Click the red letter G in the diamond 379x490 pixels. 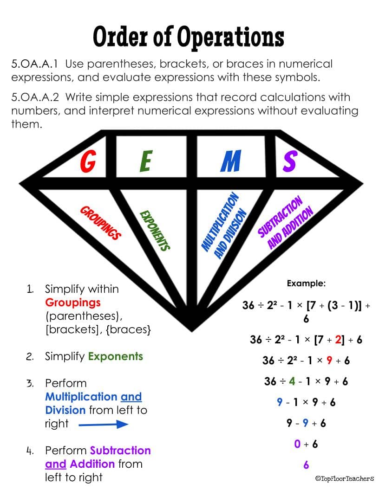tap(88, 161)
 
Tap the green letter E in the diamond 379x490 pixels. tap(146, 161)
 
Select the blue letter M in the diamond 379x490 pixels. tap(231, 161)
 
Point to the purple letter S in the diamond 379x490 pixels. tap(289, 161)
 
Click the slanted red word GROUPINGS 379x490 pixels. tap(100, 223)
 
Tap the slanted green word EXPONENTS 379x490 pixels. tap(155, 231)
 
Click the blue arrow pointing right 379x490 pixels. tap(103, 424)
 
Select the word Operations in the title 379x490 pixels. tap(230, 37)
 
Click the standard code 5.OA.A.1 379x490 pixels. tap(35, 64)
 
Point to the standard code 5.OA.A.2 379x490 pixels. tap(35, 97)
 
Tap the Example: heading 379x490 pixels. tap(306, 283)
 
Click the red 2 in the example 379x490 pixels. tap(338, 339)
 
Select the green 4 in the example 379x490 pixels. tap(292, 381)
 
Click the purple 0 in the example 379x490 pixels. tap(297, 444)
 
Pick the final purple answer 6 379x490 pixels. tap(306, 464)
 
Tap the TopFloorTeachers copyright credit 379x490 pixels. tap(345, 478)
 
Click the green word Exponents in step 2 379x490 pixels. tap(115, 356)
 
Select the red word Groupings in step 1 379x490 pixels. tap(73, 303)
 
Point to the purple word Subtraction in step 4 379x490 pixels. tap(120, 450)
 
